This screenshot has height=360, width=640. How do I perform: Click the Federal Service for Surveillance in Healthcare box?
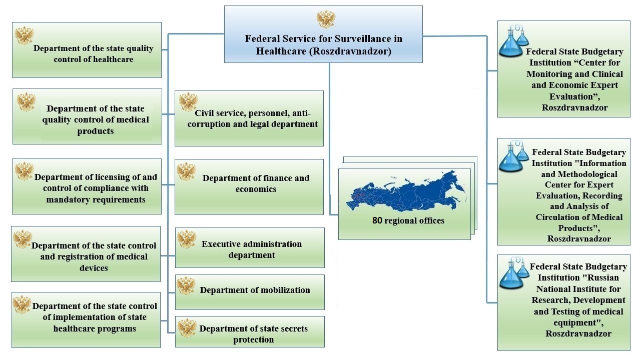point(323,44)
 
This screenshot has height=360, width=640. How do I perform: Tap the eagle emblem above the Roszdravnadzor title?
point(326,19)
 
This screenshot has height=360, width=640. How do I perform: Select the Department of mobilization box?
point(250,291)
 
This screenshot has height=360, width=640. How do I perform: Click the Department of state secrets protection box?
point(250,332)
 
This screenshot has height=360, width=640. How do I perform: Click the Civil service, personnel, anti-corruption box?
point(249,118)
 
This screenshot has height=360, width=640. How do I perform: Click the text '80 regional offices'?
point(408,220)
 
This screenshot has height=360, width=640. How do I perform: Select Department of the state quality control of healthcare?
point(87,50)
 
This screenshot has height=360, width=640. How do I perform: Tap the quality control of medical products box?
point(87,116)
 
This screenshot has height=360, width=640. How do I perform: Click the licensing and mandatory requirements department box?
point(87,186)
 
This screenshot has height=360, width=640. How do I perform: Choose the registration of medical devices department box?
point(86,254)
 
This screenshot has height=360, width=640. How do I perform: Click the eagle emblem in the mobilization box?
point(186,286)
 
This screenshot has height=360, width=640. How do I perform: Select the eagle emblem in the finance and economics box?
point(186,171)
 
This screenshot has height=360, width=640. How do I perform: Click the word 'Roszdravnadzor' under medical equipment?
point(578,333)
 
